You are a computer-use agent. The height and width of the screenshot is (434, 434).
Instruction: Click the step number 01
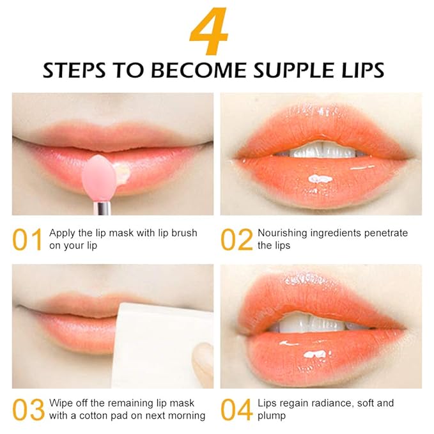(x=28, y=240)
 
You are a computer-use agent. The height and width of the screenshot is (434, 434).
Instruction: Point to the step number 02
(x=236, y=240)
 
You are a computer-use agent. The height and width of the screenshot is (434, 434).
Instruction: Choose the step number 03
(x=28, y=410)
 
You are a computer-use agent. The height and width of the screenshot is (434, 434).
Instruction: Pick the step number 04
(x=236, y=410)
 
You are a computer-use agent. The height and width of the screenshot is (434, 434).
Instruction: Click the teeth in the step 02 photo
(x=320, y=151)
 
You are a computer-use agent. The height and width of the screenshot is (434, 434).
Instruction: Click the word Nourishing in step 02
(x=283, y=233)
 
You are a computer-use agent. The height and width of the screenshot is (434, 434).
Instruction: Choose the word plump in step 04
(x=272, y=416)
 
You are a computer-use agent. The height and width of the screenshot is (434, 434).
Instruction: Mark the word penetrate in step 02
(x=385, y=233)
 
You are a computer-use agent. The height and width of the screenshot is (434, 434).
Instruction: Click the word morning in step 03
(x=186, y=416)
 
